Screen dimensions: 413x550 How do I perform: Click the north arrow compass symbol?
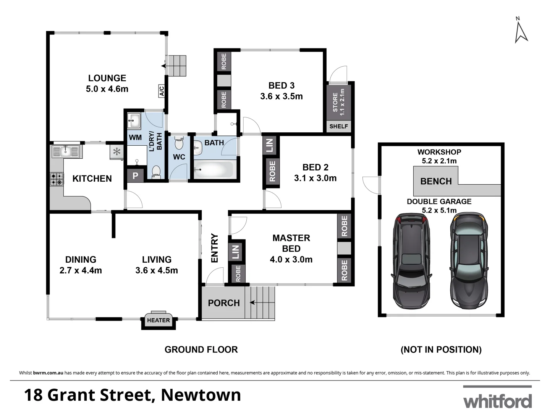[521, 31]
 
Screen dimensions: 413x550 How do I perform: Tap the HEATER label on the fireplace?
[159, 320]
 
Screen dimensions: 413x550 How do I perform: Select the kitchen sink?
[65, 152]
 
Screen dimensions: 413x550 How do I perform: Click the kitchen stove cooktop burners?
[57, 179]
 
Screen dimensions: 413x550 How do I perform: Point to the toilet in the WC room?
[179, 145]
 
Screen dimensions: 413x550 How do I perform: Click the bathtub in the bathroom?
[214, 169]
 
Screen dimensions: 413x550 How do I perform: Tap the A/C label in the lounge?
[162, 91]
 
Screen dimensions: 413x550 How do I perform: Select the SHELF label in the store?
[339, 126]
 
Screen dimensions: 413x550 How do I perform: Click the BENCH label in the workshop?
[436, 181]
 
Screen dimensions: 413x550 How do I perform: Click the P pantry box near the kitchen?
[135, 176]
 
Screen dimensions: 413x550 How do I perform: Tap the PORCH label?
[224, 303]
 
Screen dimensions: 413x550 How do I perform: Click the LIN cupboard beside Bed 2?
[270, 145]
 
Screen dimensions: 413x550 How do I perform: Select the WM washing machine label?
[135, 138]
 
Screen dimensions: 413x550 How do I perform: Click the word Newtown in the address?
[201, 395]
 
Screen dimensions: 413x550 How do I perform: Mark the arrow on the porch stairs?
[253, 302]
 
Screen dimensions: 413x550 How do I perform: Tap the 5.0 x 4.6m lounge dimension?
[107, 89]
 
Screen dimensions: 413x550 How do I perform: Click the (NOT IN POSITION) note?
[441, 350]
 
